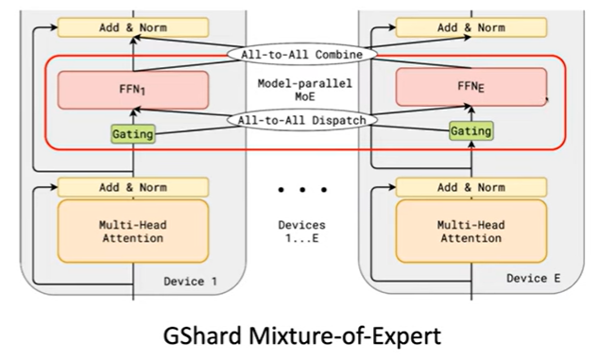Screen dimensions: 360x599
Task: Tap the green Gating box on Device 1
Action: [133, 134]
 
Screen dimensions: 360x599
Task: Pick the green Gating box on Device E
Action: [471, 132]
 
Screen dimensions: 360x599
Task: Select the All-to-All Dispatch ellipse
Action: [301, 120]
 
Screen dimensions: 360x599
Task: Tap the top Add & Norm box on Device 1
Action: [132, 26]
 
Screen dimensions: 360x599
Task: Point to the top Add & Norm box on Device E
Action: [471, 26]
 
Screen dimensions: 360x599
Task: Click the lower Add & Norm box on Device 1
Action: [132, 186]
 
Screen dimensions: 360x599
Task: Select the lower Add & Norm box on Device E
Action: [471, 186]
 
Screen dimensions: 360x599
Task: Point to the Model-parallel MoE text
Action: [300, 91]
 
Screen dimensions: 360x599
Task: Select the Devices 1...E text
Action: [301, 231]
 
